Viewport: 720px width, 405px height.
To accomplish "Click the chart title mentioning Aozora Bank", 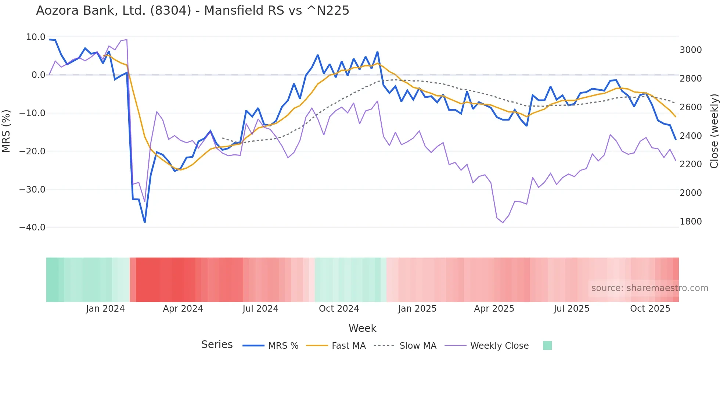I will (192, 11).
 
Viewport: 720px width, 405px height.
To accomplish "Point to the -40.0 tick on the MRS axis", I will (32, 227).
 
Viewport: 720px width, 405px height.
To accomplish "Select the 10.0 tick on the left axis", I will (36, 37).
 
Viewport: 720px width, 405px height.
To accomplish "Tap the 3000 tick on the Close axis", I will (691, 50).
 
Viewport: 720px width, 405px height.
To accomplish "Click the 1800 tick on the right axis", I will (691, 222).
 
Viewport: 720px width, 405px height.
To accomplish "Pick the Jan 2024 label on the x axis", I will (105, 309).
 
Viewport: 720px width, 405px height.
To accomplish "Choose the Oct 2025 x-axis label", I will (650, 309).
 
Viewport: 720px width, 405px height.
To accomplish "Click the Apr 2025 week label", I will (494, 309).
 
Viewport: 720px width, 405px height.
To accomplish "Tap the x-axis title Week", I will (362, 328).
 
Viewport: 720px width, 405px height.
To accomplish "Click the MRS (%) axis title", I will (6, 131).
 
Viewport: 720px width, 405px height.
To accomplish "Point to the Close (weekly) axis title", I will (714, 131).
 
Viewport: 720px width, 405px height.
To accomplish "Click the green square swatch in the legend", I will (547, 345).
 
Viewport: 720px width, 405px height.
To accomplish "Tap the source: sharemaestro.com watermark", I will (649, 288).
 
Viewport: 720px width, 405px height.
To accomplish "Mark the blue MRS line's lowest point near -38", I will (145, 222).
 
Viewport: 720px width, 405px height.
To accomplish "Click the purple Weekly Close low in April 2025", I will (503, 222).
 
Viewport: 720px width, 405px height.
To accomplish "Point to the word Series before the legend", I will (217, 345).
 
